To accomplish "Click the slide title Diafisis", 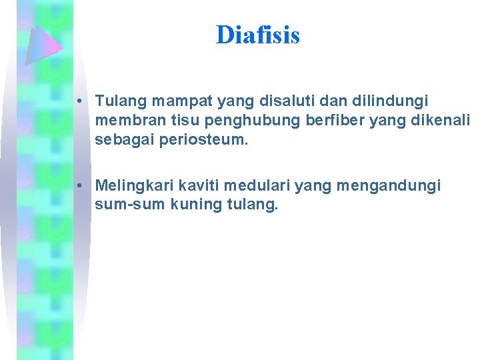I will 257,35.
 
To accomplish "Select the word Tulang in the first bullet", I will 121,101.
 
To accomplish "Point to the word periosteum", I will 208,141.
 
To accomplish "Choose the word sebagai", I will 122,141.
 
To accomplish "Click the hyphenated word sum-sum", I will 125,204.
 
